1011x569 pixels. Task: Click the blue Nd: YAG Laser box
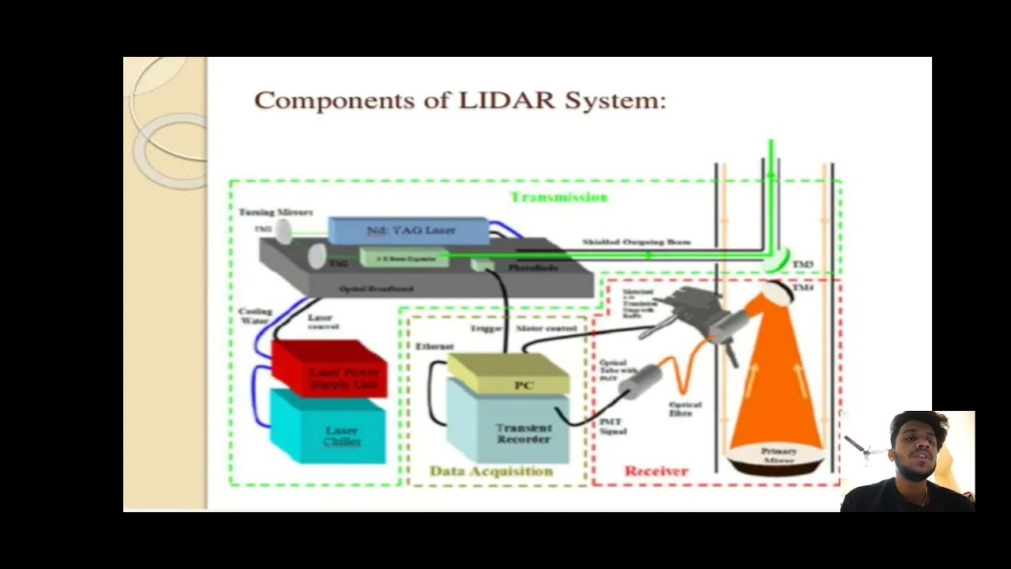408,230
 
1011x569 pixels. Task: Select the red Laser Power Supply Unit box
330,367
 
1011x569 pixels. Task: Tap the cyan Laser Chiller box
330,431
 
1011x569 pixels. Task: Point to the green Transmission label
558,197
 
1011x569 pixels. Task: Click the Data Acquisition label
490,471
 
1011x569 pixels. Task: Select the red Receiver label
656,471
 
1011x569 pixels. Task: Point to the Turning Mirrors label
276,212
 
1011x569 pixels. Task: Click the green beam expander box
404,257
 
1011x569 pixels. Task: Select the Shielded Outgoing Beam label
637,242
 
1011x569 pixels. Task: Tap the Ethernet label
434,346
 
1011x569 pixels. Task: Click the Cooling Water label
255,315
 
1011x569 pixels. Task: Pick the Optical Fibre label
685,409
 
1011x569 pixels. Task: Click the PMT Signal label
613,427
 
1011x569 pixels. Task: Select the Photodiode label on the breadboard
533,268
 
